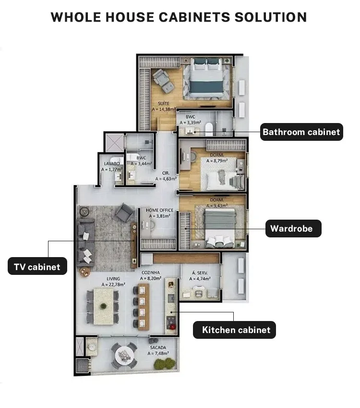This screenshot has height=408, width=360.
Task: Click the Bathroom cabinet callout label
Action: [301, 132]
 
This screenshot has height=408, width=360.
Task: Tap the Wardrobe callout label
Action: [293, 228]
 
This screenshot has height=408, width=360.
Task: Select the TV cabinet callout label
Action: [37, 266]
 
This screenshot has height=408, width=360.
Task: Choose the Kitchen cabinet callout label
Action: [234, 330]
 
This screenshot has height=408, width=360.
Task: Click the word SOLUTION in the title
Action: [271, 17]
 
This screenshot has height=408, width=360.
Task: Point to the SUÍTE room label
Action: [164, 103]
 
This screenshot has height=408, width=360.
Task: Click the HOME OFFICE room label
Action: [159, 210]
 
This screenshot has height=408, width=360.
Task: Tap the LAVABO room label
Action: [112, 164]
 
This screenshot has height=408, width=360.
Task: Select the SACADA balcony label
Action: [158, 347]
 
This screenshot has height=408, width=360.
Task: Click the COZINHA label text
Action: [151, 272]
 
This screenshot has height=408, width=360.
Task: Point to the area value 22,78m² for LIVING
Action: [113, 284]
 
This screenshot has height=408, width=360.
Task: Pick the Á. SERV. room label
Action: [200, 273]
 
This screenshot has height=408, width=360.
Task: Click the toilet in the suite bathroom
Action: [209, 129]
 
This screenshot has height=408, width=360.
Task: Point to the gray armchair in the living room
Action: [125, 212]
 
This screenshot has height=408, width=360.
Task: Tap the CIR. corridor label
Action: [166, 173]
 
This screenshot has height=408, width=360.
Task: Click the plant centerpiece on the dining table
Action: [104, 306]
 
